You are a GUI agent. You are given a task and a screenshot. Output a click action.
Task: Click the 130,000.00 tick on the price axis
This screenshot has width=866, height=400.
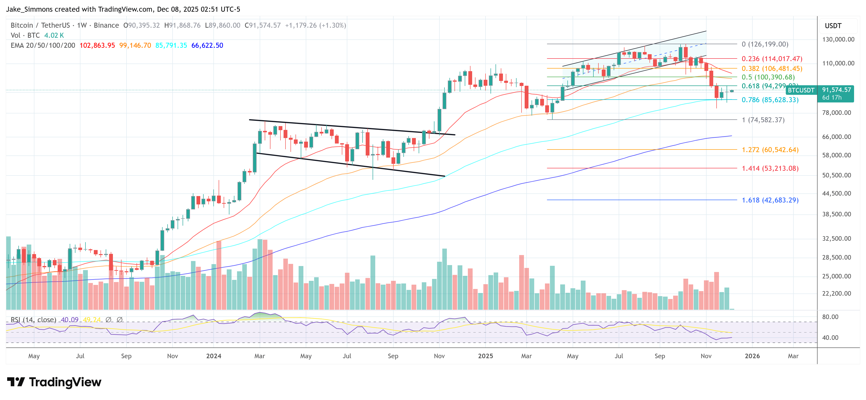838,39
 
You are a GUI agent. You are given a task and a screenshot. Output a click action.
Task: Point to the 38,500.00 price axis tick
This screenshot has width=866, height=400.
836,214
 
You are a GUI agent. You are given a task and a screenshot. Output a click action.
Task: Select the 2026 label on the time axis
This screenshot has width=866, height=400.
752,356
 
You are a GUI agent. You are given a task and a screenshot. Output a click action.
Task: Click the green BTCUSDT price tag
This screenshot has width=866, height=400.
801,90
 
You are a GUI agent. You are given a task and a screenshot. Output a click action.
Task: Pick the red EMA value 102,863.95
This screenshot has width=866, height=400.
97,45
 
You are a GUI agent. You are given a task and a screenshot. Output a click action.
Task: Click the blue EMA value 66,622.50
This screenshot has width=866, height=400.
207,45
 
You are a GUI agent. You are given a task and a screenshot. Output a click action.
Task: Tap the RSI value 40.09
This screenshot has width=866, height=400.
70,320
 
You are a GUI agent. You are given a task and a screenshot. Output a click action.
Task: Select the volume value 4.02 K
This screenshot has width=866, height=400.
54,35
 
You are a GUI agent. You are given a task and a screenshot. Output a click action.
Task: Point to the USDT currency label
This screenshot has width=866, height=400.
833,26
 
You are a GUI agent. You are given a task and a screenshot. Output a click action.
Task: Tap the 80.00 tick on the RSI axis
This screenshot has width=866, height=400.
830,317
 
